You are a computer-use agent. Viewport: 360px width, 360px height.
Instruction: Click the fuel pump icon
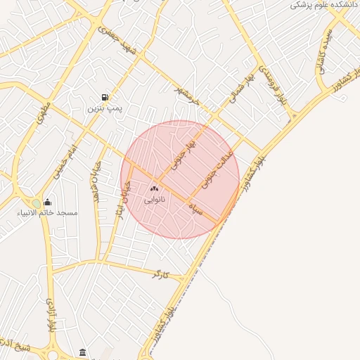pyautogui.click(x=105, y=97)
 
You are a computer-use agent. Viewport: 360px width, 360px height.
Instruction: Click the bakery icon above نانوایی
pyautogui.click(x=155, y=188)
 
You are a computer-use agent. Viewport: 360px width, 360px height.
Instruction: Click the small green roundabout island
pyautogui.click(x=36, y=203)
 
